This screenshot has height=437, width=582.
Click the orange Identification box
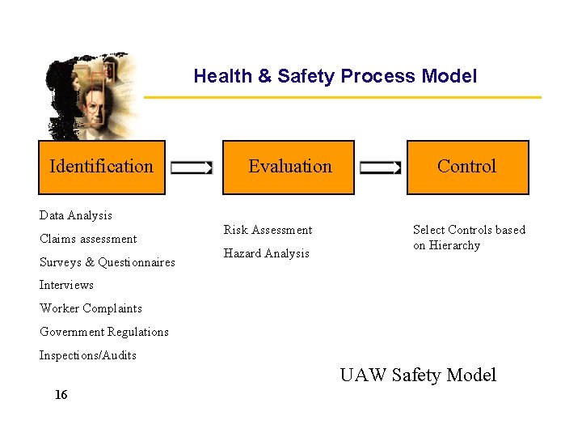pos(102,168)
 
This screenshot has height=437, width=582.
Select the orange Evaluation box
pos(289,168)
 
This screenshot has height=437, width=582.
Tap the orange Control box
pos(467,168)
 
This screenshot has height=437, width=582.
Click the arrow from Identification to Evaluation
pos(192,168)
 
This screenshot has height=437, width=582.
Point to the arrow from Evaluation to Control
pos(380,168)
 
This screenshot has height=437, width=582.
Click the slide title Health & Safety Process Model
pos(335,77)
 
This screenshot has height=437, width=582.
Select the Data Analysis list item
pos(76,215)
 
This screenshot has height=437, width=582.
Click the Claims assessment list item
pos(88,239)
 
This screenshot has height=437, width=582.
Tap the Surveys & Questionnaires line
pos(107,262)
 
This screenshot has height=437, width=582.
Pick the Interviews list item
pos(66,285)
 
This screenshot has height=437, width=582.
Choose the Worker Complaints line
pos(91,308)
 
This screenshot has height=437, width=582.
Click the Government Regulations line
pos(103,332)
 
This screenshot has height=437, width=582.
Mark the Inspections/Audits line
pos(87,355)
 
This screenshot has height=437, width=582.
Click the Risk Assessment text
pos(268,230)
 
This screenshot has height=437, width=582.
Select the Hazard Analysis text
pos(266,253)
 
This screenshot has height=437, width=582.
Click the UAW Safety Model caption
pos(418,375)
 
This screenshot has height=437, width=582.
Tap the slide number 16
pos(61,395)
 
